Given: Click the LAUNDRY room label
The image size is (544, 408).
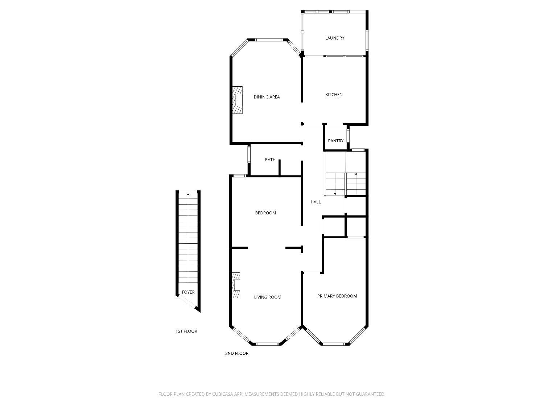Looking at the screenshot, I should point(334,38).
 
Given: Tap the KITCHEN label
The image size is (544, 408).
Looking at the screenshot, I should point(334,95).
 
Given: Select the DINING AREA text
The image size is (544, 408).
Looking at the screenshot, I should point(267,97).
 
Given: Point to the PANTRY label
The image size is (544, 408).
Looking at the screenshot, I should point(335,141).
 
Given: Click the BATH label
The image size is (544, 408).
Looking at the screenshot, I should point(270,160).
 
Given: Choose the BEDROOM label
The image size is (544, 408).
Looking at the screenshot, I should point(265,213).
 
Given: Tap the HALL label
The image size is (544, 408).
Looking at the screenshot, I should point(316,202).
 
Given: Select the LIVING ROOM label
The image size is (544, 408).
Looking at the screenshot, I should point(267,297).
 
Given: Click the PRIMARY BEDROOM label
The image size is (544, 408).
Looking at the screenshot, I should point(337,296).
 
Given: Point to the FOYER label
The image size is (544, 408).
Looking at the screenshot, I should point(188,292).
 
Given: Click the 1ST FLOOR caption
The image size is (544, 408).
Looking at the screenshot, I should point(186,331).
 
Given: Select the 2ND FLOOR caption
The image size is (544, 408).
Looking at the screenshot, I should point(236,353).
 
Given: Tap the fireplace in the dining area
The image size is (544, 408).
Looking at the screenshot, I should point(238,100).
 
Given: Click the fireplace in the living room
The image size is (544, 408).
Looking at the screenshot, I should point(236,285).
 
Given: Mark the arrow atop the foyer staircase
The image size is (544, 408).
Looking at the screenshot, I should point(188,195).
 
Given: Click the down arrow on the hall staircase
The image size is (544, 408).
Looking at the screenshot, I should point(335,194).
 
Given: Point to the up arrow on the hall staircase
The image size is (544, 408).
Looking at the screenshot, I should point(356,174).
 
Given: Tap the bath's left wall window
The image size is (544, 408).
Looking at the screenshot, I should point(249,154).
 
